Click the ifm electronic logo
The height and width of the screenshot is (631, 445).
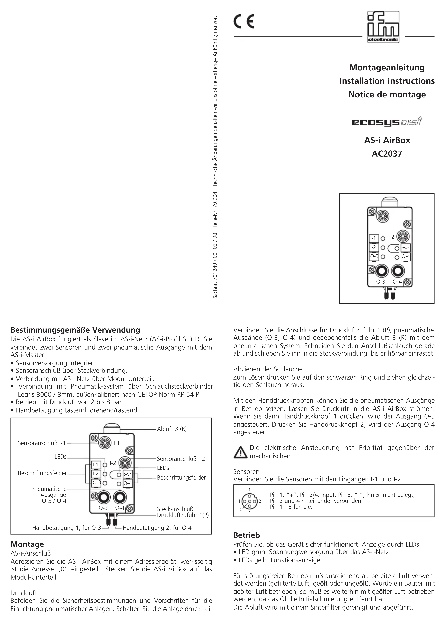(383, 27)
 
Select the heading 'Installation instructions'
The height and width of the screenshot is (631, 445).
(387, 81)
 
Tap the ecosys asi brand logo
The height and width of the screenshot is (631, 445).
(387, 122)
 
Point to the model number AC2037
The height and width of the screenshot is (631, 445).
(387, 154)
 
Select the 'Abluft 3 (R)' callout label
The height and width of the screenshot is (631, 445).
(172, 429)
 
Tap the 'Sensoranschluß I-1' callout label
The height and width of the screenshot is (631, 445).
(42, 443)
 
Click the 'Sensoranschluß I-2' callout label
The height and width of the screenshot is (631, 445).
(181, 459)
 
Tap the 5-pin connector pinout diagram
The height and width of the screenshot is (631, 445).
(249, 501)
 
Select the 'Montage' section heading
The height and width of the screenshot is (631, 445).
(27, 544)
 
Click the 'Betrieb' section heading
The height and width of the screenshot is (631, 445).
(246, 535)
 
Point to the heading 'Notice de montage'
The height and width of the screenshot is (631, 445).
(387, 95)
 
